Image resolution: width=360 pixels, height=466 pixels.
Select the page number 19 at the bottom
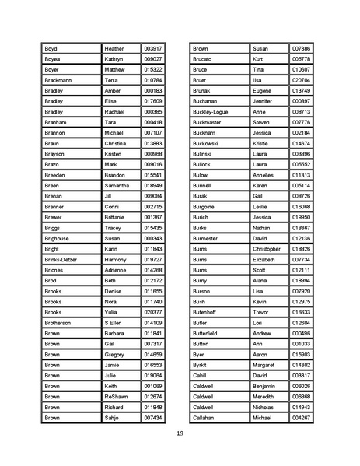(179, 433)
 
